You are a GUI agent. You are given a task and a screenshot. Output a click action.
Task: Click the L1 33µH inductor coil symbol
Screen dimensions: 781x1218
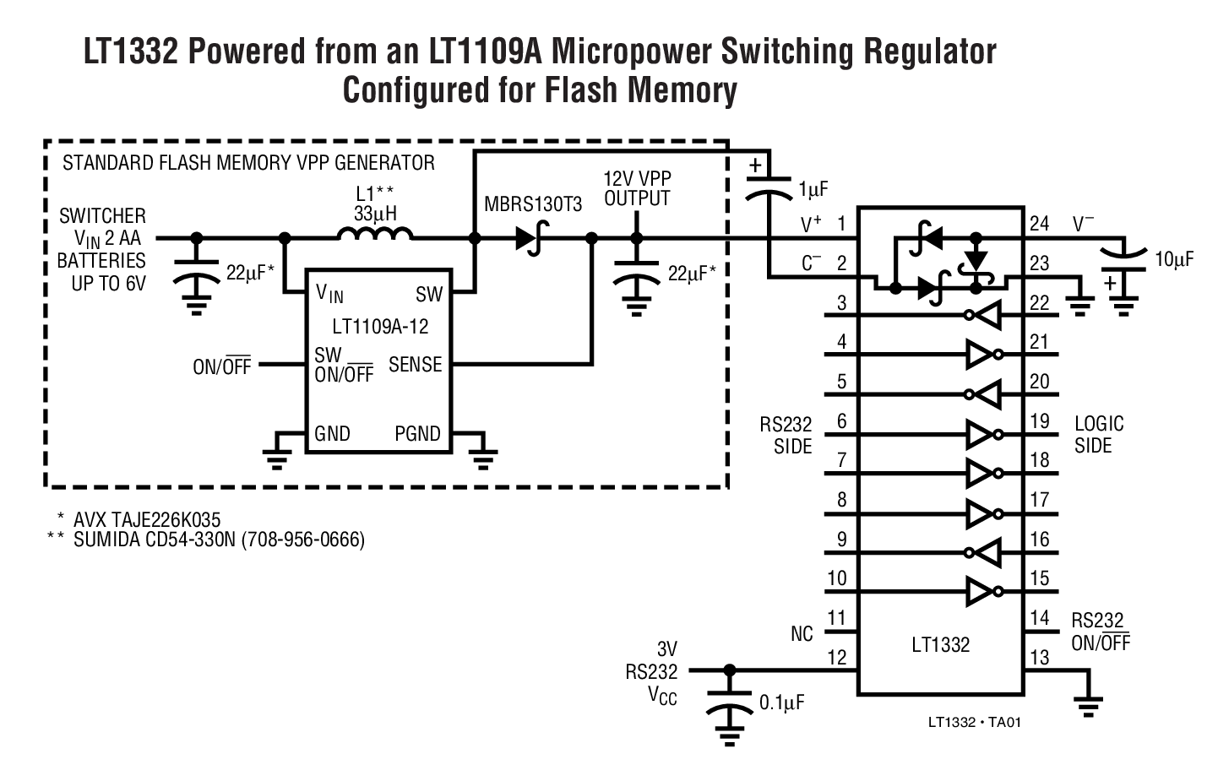[375, 234]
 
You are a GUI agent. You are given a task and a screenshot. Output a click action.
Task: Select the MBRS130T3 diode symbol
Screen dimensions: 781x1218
[530, 240]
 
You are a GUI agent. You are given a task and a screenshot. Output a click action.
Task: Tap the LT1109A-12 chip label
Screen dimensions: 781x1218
[380, 326]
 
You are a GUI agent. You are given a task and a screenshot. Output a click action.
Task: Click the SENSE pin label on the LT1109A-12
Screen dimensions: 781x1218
[415, 365]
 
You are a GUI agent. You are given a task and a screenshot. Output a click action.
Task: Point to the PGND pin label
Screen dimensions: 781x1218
[417, 434]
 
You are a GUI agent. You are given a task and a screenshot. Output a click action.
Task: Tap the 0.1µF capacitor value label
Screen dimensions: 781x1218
[781, 702]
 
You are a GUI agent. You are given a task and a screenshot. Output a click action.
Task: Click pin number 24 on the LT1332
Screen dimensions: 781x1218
[1039, 224]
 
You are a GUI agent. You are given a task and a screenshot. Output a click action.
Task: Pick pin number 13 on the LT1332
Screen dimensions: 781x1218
[1039, 657]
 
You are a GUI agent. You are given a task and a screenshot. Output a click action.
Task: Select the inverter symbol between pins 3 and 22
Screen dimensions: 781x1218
[984, 316]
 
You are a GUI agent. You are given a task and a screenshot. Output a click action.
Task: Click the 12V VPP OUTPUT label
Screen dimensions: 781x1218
[637, 188]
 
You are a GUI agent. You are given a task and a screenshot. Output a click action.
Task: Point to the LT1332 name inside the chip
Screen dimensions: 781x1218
[940, 645]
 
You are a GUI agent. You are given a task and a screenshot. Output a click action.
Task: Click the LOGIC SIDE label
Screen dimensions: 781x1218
[1099, 434]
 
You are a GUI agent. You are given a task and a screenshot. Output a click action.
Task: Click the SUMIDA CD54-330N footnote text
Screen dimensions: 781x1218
[219, 540]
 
